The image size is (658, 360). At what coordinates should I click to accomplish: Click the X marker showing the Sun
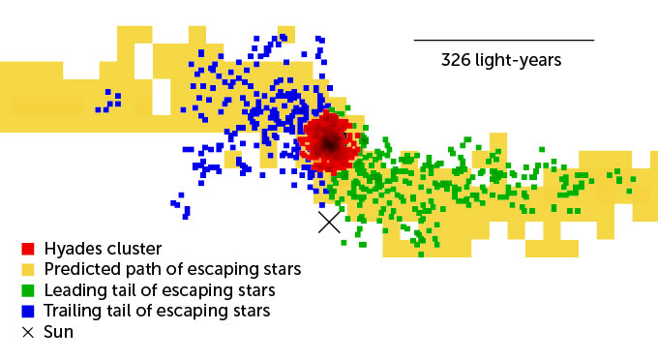point(329,222)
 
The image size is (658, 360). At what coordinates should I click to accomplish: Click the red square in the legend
point(28,249)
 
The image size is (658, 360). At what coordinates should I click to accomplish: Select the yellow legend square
point(28,269)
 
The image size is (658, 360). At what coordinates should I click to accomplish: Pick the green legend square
point(28,290)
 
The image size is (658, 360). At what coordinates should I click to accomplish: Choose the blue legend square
point(28,311)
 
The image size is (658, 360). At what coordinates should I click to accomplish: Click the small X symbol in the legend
point(28,332)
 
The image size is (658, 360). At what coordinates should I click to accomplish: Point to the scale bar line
point(503,40)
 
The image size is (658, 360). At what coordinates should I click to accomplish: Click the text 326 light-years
point(501,60)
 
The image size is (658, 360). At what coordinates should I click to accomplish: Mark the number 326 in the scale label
point(456,60)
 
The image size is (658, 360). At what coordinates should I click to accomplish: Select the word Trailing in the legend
point(74,311)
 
